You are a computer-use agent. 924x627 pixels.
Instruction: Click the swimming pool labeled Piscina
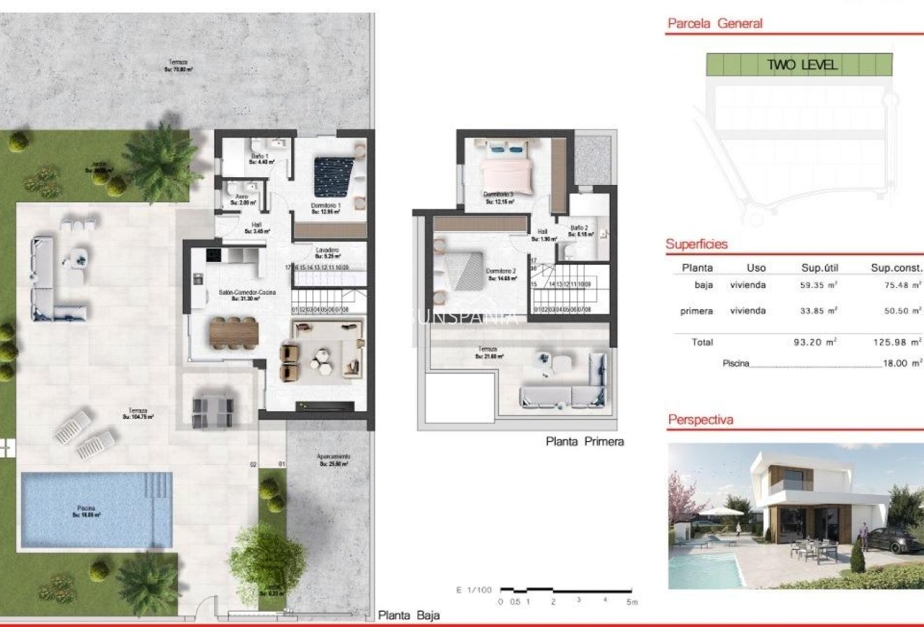click(x=96, y=510)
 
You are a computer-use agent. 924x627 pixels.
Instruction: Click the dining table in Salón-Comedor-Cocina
click(x=234, y=331)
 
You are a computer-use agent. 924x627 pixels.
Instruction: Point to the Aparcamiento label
click(x=333, y=457)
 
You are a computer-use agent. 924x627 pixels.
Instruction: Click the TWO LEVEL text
click(x=802, y=65)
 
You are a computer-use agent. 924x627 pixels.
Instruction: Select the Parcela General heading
click(x=715, y=23)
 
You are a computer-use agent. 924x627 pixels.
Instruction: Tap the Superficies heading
click(x=696, y=244)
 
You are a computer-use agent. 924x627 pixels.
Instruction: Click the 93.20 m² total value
click(x=818, y=342)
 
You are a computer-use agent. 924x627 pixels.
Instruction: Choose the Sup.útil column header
click(x=820, y=267)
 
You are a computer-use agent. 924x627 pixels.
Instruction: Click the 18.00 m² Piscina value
click(x=902, y=363)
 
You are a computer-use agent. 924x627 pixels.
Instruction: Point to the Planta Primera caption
click(x=584, y=441)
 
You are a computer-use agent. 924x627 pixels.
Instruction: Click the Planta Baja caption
click(x=409, y=615)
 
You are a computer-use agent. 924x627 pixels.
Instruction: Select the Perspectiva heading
click(x=701, y=420)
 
